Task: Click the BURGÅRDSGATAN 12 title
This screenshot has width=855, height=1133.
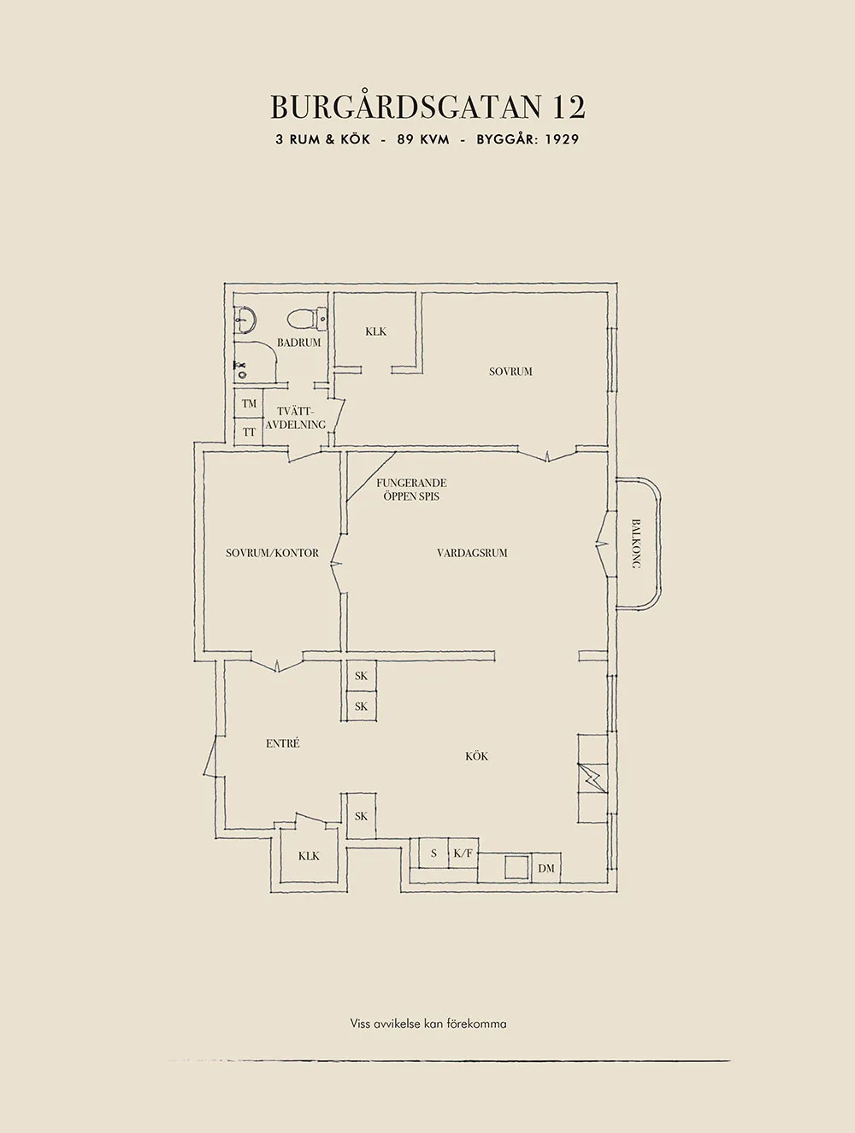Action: coord(427,107)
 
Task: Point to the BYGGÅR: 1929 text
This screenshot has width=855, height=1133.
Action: coord(528,140)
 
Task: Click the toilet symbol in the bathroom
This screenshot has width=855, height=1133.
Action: coord(307,319)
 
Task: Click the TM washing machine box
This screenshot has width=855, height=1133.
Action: coord(249,403)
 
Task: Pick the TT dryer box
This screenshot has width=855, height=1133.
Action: coord(249,431)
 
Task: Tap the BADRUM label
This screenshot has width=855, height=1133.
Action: coord(299,343)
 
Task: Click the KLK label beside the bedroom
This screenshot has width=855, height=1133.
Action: coord(376,332)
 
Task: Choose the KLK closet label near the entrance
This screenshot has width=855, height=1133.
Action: coord(309,856)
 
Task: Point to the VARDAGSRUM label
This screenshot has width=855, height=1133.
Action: coord(472,553)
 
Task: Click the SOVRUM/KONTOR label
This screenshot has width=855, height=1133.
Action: coord(272,553)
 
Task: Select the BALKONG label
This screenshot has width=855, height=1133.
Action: coord(635,543)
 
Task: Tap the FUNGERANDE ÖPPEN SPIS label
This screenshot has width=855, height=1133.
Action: coord(411,490)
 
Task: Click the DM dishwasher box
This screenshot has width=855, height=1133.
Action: coord(545,868)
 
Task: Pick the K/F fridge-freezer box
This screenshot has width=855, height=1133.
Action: coord(463,854)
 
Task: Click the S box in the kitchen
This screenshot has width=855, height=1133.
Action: coord(433,854)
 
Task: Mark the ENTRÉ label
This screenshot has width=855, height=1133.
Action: coord(283,743)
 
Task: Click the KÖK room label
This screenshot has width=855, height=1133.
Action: coord(476,756)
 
